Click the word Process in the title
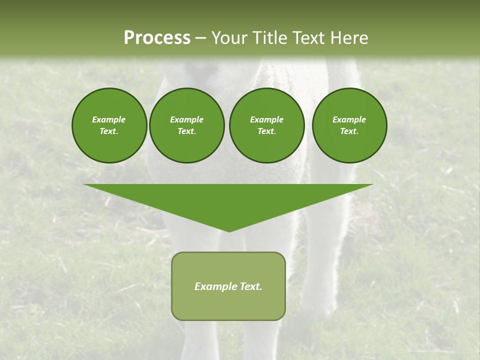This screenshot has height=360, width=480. click(157, 38)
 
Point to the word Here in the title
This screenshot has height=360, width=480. click(349, 38)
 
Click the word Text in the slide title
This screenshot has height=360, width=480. click(309, 38)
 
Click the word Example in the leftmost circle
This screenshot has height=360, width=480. click(109, 119)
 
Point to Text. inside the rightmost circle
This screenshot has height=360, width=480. click(349, 131)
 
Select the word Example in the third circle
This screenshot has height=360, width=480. click(266, 119)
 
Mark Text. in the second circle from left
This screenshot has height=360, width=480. click(186, 131)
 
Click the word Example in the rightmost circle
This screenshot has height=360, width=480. click(349, 119)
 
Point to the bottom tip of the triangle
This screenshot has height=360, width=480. click(229, 230)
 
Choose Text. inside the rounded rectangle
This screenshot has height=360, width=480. click(250, 286)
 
